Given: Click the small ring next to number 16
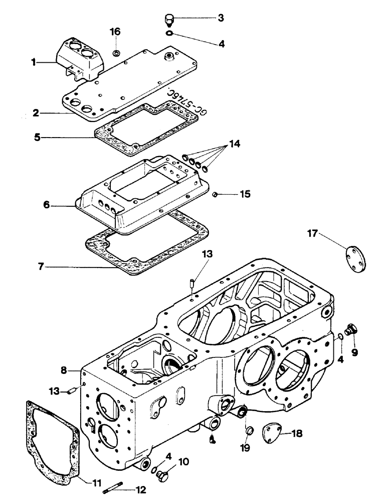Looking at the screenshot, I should pos(116,52).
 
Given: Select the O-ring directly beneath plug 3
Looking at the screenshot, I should pos(170,34).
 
